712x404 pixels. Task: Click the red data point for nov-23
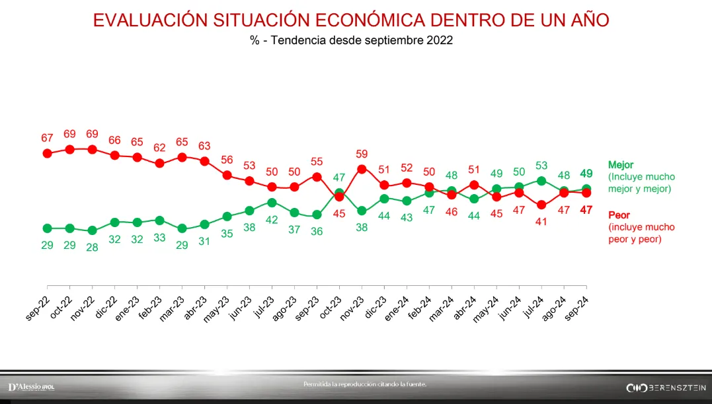(362, 169)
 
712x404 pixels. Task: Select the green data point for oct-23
(339, 193)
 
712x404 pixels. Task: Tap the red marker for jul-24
(541, 205)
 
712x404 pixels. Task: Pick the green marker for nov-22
(92, 230)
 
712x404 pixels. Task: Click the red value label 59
(362, 154)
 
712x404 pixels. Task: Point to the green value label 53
(541, 165)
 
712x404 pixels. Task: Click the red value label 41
(541, 222)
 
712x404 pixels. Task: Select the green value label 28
(92, 246)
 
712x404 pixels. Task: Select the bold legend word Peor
(619, 215)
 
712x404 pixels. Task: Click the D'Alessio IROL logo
(31, 386)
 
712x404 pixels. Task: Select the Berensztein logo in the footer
(666, 387)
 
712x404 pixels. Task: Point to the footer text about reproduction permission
(364, 384)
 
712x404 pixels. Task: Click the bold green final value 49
(586, 174)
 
